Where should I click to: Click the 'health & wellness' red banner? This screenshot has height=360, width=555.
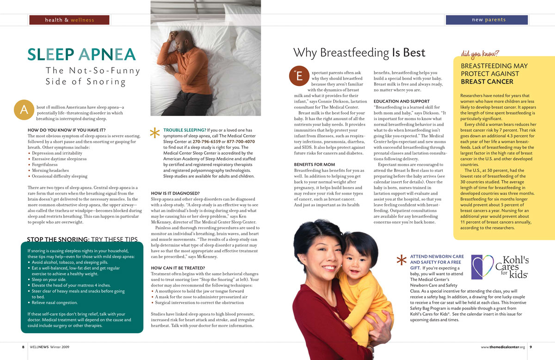point(69,20)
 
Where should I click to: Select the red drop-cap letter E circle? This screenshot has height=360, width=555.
point(298,77)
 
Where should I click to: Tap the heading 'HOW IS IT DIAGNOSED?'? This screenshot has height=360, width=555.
point(175,193)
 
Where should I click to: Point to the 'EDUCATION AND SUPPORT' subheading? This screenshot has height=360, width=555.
point(401,101)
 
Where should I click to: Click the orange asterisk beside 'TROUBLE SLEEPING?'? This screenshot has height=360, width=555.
point(155,133)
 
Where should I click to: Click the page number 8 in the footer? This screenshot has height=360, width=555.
point(23,347)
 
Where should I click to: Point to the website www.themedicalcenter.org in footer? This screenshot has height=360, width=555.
point(503,347)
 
